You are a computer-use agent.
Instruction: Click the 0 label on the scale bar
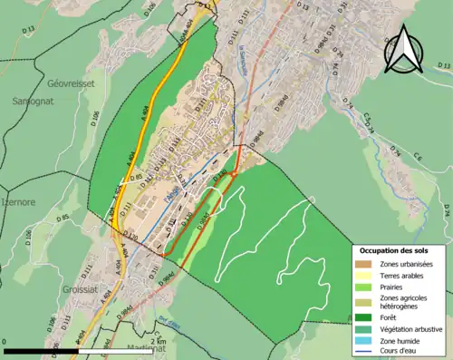[x=6, y=340]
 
